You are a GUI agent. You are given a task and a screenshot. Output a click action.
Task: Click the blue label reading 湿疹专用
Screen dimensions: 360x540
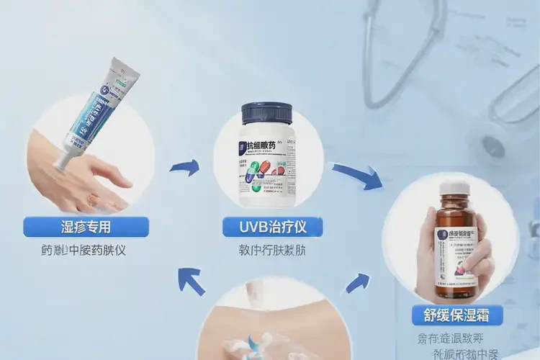click(86, 227)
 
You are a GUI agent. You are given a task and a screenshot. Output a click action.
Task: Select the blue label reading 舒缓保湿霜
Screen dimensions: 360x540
click(456, 315)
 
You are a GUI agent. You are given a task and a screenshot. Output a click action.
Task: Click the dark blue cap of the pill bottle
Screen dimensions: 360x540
click(266, 114)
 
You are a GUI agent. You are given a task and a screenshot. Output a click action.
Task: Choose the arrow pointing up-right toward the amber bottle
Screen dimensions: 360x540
click(358, 282)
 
